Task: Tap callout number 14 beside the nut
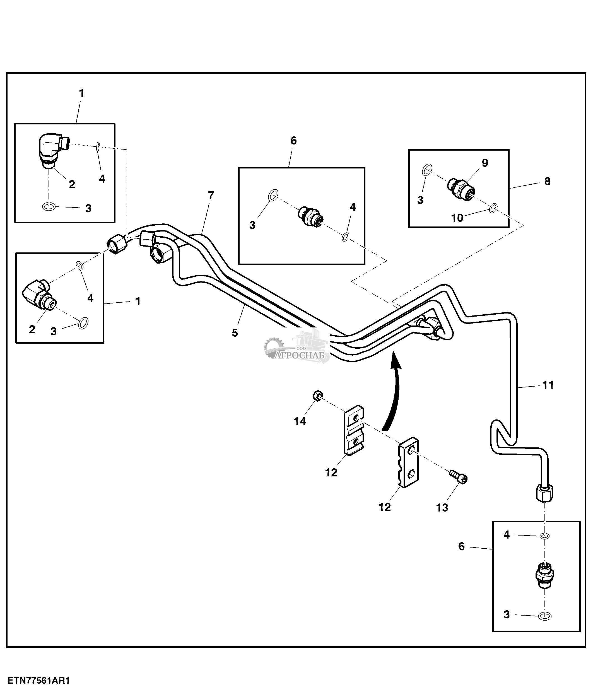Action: (x=300, y=421)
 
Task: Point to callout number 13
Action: (x=442, y=508)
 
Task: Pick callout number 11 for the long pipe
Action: (x=548, y=385)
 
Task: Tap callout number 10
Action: (x=457, y=218)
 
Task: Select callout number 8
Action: (x=547, y=181)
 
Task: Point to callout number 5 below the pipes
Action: (x=235, y=333)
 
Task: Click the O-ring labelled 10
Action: (x=493, y=208)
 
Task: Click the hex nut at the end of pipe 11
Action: (x=544, y=493)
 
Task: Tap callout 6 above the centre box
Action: (x=293, y=141)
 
